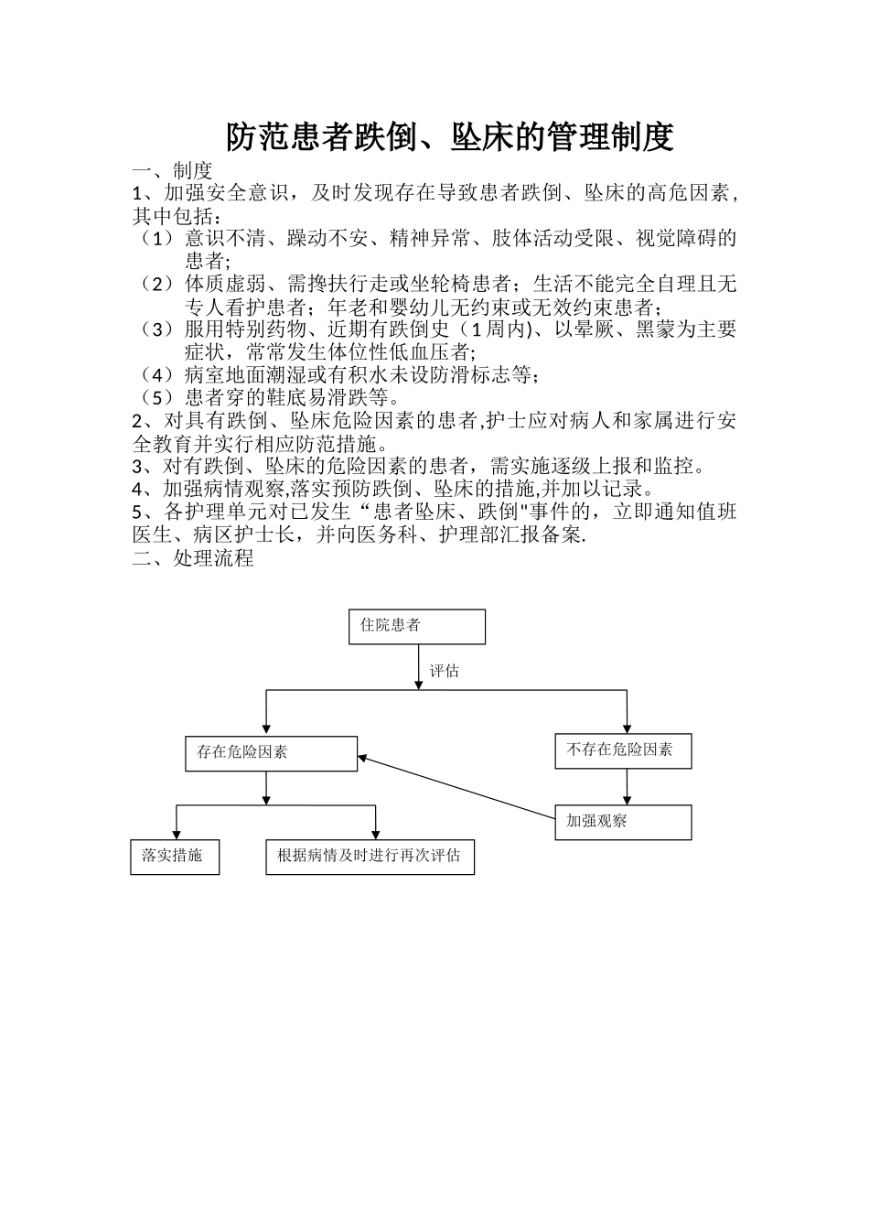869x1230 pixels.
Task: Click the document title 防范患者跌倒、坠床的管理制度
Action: point(450,137)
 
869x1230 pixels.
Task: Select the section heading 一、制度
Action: point(173,171)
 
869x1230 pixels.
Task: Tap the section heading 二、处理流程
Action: point(193,558)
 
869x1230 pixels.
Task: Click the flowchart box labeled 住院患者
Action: point(416,627)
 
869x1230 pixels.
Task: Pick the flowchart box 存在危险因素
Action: point(271,753)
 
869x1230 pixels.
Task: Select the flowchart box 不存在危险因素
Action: point(623,750)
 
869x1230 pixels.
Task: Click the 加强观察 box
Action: point(623,822)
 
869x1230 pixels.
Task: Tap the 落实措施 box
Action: point(175,857)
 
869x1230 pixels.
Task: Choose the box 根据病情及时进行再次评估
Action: point(370,857)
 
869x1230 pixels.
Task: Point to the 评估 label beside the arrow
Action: point(445,671)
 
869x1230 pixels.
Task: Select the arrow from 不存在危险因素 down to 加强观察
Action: point(627,786)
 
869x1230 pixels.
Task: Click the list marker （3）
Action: point(156,329)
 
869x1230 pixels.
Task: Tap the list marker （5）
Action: point(156,397)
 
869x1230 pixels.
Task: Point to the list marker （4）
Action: point(156,374)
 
